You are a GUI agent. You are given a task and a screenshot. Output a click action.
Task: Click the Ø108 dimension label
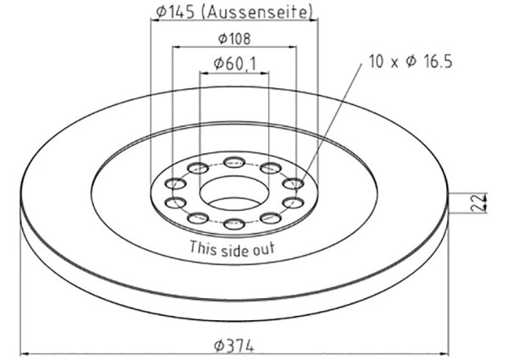click(234, 39)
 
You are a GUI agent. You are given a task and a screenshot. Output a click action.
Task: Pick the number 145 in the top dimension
click(179, 13)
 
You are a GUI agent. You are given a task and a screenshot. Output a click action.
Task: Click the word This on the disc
click(203, 249)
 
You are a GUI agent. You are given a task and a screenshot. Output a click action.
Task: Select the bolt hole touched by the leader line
click(293, 183)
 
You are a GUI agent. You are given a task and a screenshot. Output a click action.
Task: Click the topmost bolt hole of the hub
click(235, 161)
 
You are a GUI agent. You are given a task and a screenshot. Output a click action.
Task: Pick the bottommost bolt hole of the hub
click(235, 224)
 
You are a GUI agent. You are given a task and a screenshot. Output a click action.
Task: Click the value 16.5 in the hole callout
click(433, 62)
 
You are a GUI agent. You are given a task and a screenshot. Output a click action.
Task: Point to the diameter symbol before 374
click(218, 346)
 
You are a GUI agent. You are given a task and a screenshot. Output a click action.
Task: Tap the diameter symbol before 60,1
click(218, 64)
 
